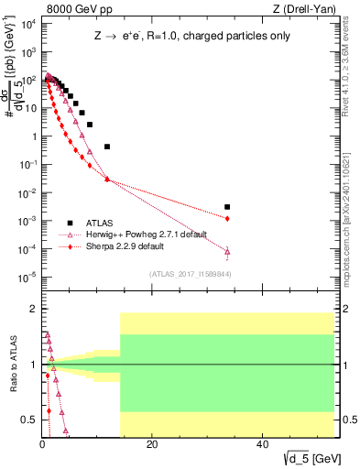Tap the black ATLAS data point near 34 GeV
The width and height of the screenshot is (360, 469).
(x=227, y=207)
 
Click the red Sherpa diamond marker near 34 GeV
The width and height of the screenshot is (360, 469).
(x=227, y=218)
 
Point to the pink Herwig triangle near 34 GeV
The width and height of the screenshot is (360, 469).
(x=227, y=251)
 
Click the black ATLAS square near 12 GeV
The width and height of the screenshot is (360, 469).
(x=107, y=147)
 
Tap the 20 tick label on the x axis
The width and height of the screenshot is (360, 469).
(x=152, y=445)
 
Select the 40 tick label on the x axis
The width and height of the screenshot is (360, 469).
(x=263, y=445)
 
